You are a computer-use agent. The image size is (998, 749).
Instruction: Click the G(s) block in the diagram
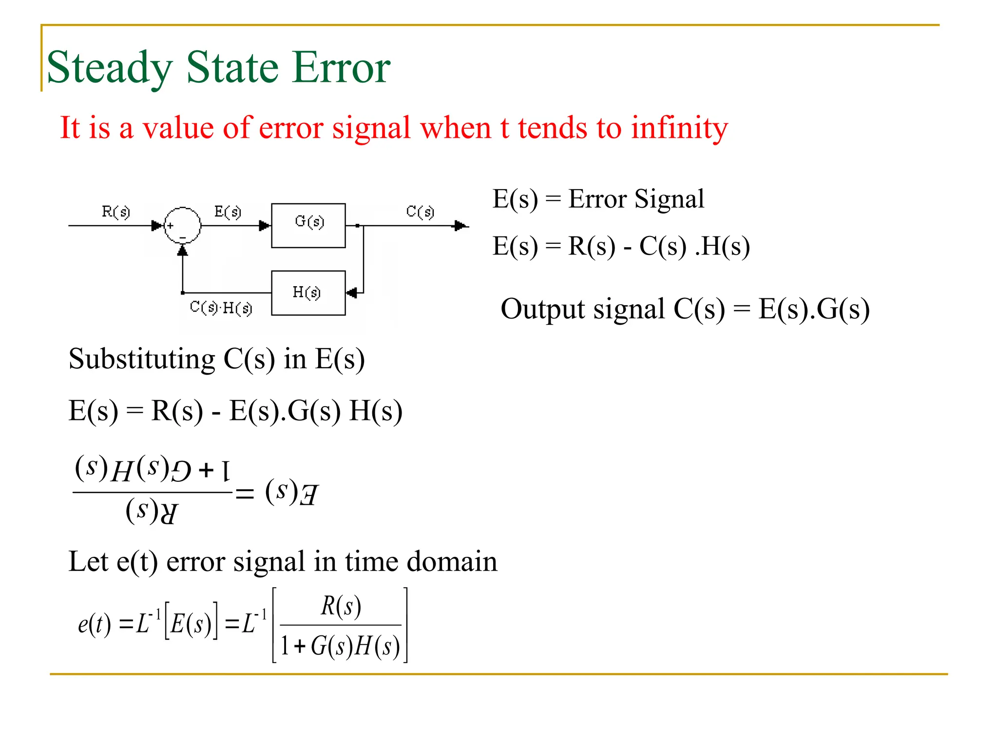coord(308,225)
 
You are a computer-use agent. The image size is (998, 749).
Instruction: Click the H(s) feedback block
coord(308,293)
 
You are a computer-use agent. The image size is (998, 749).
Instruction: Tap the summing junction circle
coord(182,225)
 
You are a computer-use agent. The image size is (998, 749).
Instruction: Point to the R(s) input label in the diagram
coord(115,212)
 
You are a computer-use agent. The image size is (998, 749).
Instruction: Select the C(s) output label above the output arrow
coord(420,212)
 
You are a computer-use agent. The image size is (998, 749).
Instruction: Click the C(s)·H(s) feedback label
coord(221,308)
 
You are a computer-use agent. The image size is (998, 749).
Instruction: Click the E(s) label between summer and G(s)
coord(228,212)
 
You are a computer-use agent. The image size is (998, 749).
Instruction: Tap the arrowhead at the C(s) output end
coord(459,226)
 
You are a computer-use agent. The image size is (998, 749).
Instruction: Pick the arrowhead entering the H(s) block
coord(351,293)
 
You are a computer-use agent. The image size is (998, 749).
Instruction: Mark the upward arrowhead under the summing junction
coord(182,250)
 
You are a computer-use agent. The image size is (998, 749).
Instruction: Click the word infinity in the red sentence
coord(679,128)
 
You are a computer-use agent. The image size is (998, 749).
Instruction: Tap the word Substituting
coord(142,359)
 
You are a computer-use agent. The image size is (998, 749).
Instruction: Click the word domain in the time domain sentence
coord(452,561)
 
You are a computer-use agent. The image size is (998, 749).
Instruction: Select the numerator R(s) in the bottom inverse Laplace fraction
coord(341,607)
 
